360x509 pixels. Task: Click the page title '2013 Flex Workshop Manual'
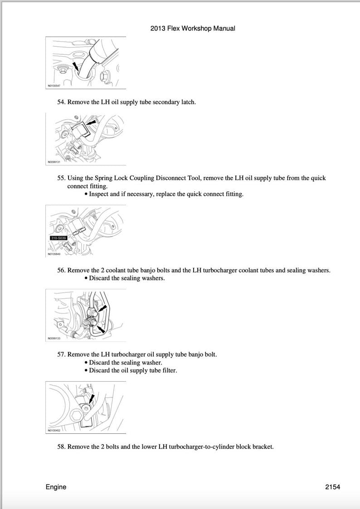tap(193, 28)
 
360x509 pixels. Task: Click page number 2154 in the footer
tap(332, 487)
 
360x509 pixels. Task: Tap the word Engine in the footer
tap(56, 487)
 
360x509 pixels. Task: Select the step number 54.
tap(61, 102)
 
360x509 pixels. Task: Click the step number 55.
tap(61, 178)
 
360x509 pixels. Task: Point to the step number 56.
tap(61, 270)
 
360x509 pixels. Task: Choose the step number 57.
tap(61, 354)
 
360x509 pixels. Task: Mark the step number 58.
tap(61, 446)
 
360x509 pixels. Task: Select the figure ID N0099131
tap(54, 160)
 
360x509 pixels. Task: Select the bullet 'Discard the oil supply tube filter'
tap(132, 370)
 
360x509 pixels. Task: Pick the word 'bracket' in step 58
tap(262, 446)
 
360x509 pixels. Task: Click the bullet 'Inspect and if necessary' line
tap(166, 194)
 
